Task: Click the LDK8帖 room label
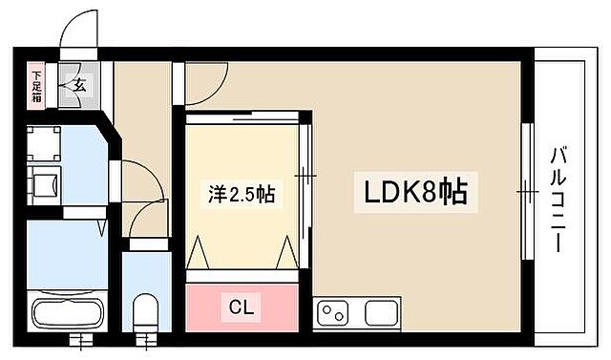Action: tap(412, 193)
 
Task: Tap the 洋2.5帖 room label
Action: tap(242, 194)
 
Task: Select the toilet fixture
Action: tap(145, 310)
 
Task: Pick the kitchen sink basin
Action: tap(379, 312)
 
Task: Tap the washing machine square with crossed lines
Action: tap(44, 143)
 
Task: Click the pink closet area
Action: tap(242, 307)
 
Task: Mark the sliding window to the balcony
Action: tap(525, 191)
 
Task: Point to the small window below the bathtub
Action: tap(80, 338)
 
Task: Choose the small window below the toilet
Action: tap(146, 338)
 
